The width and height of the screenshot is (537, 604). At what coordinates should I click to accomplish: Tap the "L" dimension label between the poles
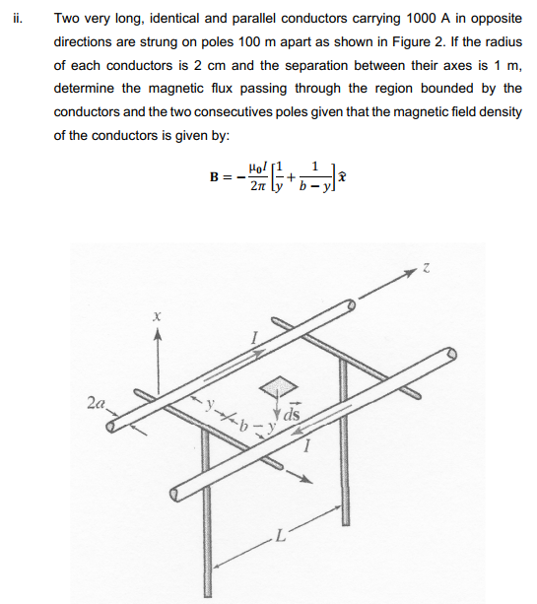281,537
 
